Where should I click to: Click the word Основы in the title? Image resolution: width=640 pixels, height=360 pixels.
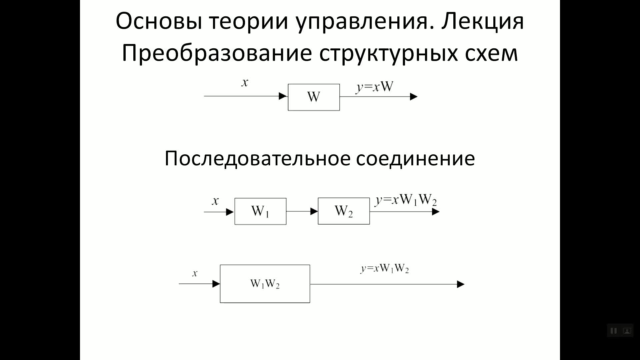(x=159, y=21)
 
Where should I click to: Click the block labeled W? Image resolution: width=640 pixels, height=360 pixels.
(x=314, y=97)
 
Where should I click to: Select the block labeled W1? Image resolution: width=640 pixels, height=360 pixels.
(x=260, y=211)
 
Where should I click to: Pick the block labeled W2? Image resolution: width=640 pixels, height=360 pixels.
(x=343, y=211)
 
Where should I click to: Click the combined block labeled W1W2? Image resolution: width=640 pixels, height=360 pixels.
(x=265, y=284)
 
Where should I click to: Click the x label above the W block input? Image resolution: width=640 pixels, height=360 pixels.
(x=245, y=83)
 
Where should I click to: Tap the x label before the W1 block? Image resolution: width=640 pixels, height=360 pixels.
(x=215, y=201)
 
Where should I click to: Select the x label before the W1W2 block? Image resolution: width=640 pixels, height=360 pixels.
(x=195, y=273)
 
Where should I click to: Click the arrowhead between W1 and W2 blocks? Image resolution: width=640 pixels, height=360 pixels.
(x=314, y=211)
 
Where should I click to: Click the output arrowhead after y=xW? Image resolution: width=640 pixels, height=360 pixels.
(x=413, y=97)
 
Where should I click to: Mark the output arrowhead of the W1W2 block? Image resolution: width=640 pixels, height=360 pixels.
(x=460, y=284)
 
